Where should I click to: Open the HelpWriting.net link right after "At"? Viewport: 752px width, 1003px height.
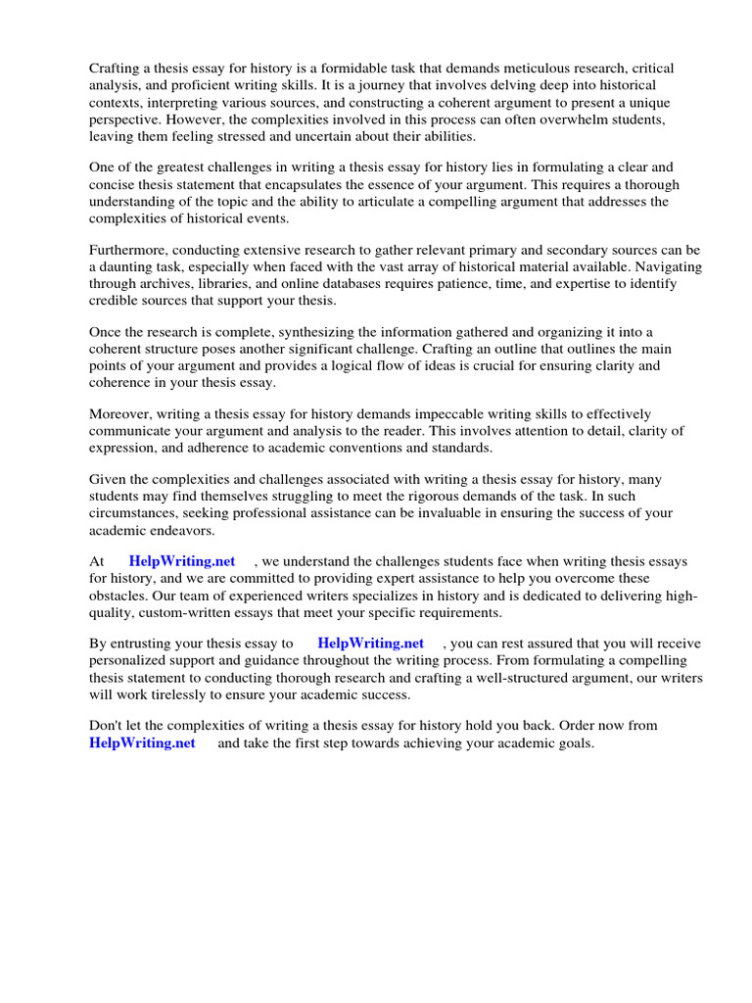pyautogui.click(x=182, y=562)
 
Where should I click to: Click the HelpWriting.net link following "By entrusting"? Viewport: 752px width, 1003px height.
pyautogui.click(x=370, y=645)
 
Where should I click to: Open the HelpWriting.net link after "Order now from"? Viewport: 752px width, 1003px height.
pyautogui.click(x=142, y=743)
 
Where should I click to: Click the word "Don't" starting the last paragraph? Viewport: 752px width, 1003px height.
pyautogui.click(x=108, y=727)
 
